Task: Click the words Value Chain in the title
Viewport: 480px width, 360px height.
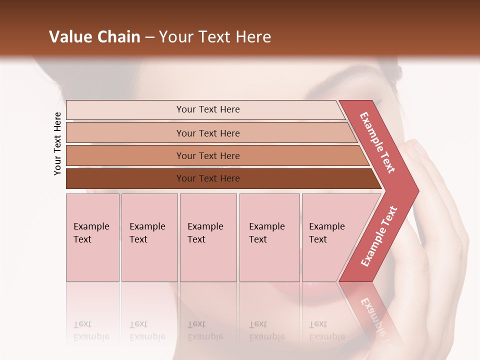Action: point(94,37)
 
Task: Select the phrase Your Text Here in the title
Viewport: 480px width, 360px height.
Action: point(215,37)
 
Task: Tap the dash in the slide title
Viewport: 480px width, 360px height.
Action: point(149,37)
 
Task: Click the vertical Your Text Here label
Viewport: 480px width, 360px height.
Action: point(57,143)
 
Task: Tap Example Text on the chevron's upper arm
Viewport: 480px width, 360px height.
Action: point(377,142)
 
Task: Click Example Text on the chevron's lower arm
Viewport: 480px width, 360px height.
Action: point(378,236)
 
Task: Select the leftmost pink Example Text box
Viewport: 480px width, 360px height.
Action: point(92,237)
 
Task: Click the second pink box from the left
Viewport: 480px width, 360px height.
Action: point(149,237)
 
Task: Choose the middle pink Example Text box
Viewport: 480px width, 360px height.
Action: point(208,237)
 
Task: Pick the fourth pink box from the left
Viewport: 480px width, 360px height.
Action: point(269,237)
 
